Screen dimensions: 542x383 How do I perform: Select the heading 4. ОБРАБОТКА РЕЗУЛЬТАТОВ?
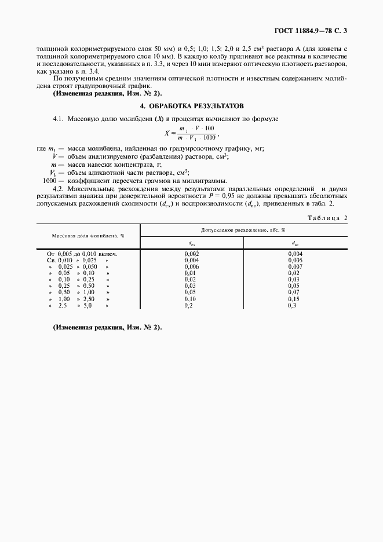(192, 107)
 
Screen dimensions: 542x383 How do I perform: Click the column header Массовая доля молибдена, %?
(88, 236)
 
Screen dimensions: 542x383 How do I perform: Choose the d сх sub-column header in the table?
(192, 244)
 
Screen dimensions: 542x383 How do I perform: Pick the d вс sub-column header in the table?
(295, 244)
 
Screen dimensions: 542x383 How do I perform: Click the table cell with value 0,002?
(191, 254)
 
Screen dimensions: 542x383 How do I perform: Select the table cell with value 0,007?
(295, 266)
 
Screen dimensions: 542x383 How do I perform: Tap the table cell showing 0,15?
(295, 299)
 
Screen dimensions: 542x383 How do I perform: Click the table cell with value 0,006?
(191, 266)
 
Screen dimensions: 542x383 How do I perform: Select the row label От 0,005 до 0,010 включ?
(82, 254)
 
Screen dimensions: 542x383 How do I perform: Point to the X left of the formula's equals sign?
(167, 133)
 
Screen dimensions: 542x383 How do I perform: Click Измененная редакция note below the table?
(107, 327)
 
